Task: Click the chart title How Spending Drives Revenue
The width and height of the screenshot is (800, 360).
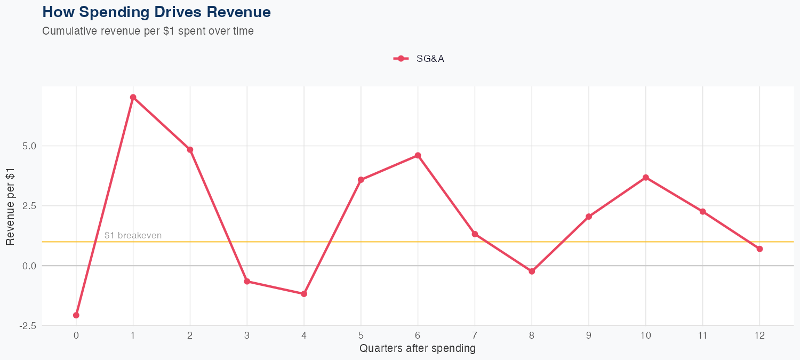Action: [156, 12]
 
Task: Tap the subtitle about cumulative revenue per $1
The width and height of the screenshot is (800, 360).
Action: [148, 31]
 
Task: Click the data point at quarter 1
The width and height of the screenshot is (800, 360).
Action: [133, 97]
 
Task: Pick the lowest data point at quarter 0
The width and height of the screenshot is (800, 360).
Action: [76, 315]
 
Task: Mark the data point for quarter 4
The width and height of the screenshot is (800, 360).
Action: [304, 294]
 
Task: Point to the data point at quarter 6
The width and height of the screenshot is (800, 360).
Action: [418, 155]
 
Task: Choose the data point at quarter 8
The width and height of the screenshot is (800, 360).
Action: [532, 271]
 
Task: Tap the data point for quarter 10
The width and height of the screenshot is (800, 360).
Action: [646, 177]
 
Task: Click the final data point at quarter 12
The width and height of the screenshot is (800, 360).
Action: [759, 249]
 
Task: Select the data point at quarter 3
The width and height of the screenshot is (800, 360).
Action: [247, 281]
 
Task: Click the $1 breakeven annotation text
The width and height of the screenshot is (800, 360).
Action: [133, 235]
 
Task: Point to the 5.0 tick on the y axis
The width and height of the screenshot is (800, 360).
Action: [27, 146]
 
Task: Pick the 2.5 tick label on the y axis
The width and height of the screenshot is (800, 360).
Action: [27, 206]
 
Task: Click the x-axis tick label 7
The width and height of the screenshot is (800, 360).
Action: [475, 335]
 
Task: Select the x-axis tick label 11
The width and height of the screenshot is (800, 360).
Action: [702, 335]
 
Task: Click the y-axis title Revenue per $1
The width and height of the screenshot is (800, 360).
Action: [10, 206]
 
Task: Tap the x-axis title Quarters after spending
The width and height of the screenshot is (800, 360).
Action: [418, 349]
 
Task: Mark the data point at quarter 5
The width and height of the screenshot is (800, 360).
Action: [361, 180]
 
